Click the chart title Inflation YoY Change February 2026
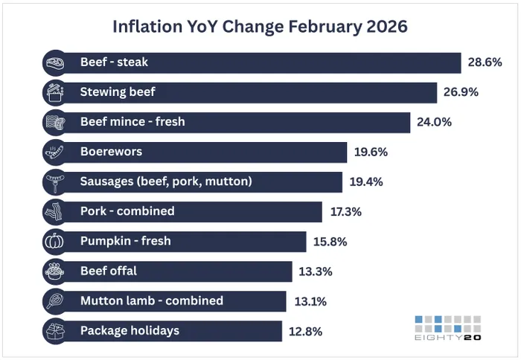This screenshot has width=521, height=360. pyautogui.click(x=260, y=27)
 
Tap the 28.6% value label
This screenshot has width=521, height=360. pyautogui.click(x=485, y=62)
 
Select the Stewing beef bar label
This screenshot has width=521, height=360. pyautogui.click(x=118, y=92)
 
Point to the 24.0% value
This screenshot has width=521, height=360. pyautogui.click(x=435, y=122)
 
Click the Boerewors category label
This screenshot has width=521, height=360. pyautogui.click(x=111, y=152)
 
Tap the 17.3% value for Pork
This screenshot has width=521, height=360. pyautogui.click(x=346, y=211)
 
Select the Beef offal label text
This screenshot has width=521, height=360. pyautogui.click(x=108, y=271)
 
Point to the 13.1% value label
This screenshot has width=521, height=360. pyautogui.click(x=310, y=301)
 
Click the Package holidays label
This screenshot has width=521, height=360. pyautogui.click(x=130, y=330)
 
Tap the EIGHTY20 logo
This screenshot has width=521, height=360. pyautogui.click(x=447, y=329)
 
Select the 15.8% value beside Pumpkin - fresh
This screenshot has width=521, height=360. pyautogui.click(x=330, y=241)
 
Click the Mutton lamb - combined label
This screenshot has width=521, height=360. pyautogui.click(x=151, y=300)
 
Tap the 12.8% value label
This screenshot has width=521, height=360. pyautogui.click(x=305, y=331)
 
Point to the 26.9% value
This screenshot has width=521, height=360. pyautogui.click(x=460, y=92)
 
